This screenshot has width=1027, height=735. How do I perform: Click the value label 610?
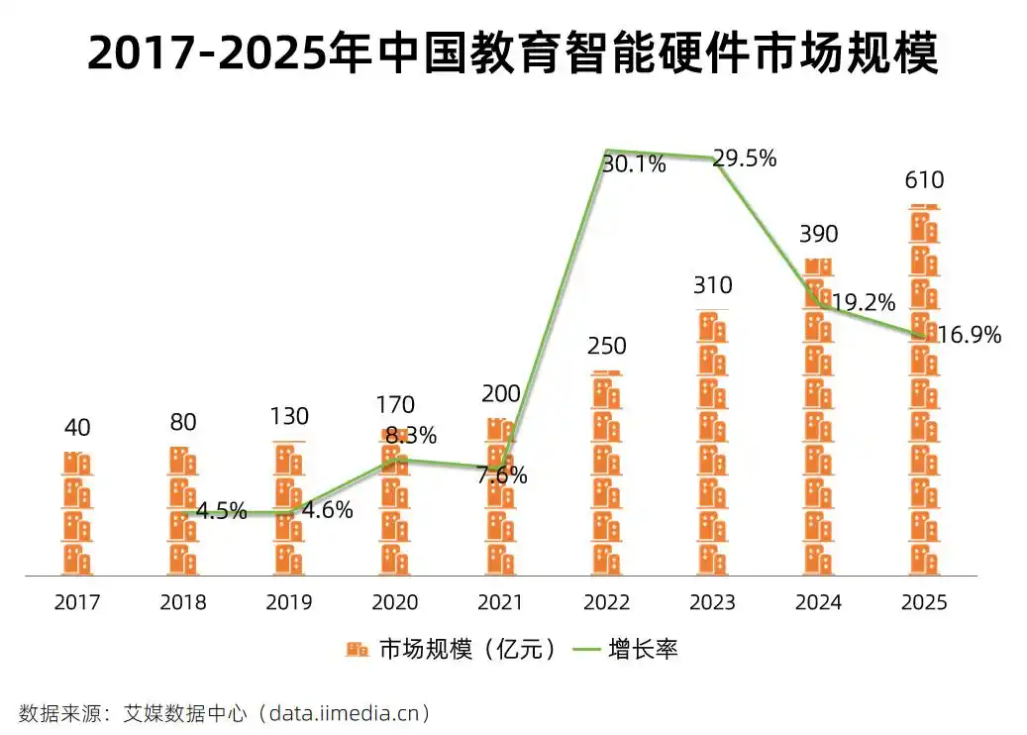924,180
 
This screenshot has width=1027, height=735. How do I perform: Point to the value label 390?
818,235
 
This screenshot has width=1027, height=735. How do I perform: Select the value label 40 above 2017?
77,428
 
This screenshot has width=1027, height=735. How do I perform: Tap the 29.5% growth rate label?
745,158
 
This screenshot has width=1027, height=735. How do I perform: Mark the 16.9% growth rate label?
970,335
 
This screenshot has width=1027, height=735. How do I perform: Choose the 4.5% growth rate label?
221,512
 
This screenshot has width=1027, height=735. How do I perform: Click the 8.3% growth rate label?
411,436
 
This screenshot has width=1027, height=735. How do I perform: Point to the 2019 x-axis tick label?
289,602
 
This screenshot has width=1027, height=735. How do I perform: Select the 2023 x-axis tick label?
712,602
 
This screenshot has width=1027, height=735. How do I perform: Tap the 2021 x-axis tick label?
500,602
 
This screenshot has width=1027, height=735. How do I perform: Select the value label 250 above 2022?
606,346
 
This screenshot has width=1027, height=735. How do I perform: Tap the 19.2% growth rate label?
864,302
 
